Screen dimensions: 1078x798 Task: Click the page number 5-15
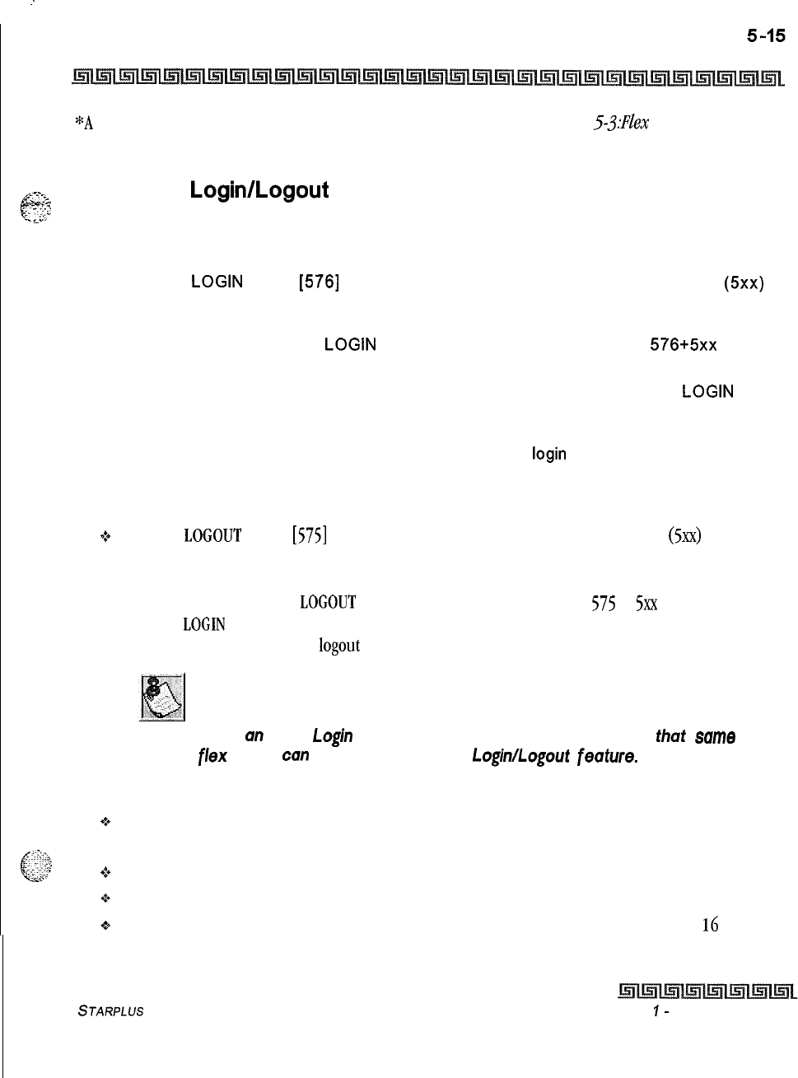point(766,35)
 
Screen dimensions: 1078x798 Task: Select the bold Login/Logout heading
point(259,190)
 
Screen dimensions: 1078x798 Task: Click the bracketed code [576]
point(320,282)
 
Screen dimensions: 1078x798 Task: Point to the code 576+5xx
point(683,345)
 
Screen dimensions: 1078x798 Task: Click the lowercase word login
point(549,454)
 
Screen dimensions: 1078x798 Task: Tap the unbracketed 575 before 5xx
point(604,603)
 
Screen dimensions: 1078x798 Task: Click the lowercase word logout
point(339,646)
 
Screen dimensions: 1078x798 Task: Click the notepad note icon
point(162,697)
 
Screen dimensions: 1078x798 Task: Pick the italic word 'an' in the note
point(254,735)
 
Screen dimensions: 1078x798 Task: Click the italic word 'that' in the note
point(670,736)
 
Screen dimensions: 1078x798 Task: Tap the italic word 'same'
point(715,736)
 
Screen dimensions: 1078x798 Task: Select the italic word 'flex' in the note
point(212,755)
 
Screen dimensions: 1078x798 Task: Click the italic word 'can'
point(295,754)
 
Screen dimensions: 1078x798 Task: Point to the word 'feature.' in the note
point(608,755)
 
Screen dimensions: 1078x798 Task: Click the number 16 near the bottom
point(710,926)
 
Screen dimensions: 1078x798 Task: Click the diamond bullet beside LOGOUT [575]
point(105,537)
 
